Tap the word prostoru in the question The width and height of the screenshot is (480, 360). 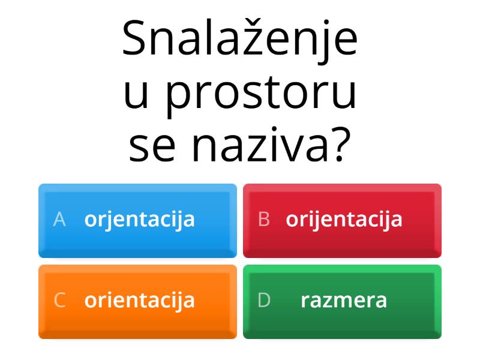(260, 95)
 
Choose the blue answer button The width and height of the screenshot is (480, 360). (137, 220)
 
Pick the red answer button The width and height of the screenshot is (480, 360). (342, 220)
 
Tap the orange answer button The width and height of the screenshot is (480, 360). (137, 301)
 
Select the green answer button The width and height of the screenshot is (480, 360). (342, 301)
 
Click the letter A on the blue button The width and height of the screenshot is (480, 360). (59, 220)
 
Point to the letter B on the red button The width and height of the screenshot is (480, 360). (263, 220)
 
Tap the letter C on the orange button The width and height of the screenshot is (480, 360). (59, 300)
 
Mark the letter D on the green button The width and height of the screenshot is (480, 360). (264, 300)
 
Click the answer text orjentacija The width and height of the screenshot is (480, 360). (140, 220)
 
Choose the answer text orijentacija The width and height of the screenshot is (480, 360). (344, 220)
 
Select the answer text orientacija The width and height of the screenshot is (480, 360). (140, 300)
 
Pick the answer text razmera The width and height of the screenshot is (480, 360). (344, 300)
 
